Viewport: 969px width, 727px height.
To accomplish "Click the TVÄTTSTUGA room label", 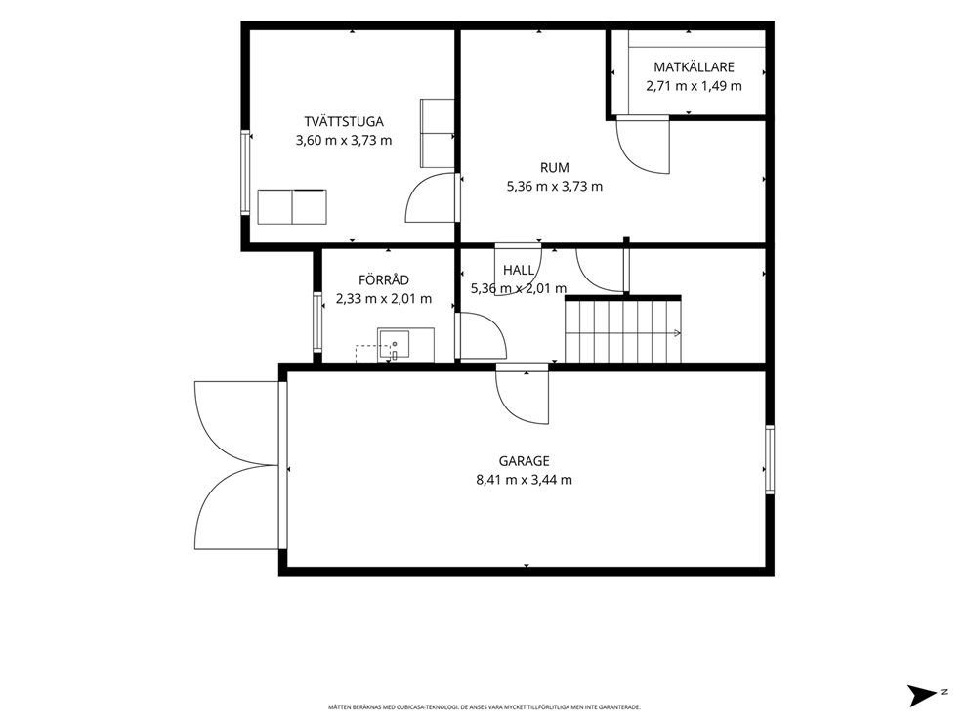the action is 344,121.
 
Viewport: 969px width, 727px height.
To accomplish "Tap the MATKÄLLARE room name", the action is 694,66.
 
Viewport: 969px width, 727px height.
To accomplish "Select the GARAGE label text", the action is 524,460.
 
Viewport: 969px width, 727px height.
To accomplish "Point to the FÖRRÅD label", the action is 384,280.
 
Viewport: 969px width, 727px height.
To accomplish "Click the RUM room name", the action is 554,167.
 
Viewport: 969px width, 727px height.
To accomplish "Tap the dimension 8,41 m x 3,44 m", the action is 524,480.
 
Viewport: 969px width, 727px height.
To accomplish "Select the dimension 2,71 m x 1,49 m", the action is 694,86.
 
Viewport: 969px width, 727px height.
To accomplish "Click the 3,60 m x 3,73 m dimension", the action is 344,141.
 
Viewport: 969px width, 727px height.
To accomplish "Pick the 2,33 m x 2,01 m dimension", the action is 384,299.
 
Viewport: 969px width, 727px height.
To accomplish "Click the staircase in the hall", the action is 623,329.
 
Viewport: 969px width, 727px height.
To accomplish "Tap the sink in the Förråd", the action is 395,344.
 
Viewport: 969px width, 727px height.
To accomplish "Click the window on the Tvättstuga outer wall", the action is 245,173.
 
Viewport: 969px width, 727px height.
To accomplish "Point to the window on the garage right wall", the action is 770,459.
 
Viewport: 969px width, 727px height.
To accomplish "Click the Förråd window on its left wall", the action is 317,322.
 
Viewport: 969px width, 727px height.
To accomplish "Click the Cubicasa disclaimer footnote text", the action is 484,706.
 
